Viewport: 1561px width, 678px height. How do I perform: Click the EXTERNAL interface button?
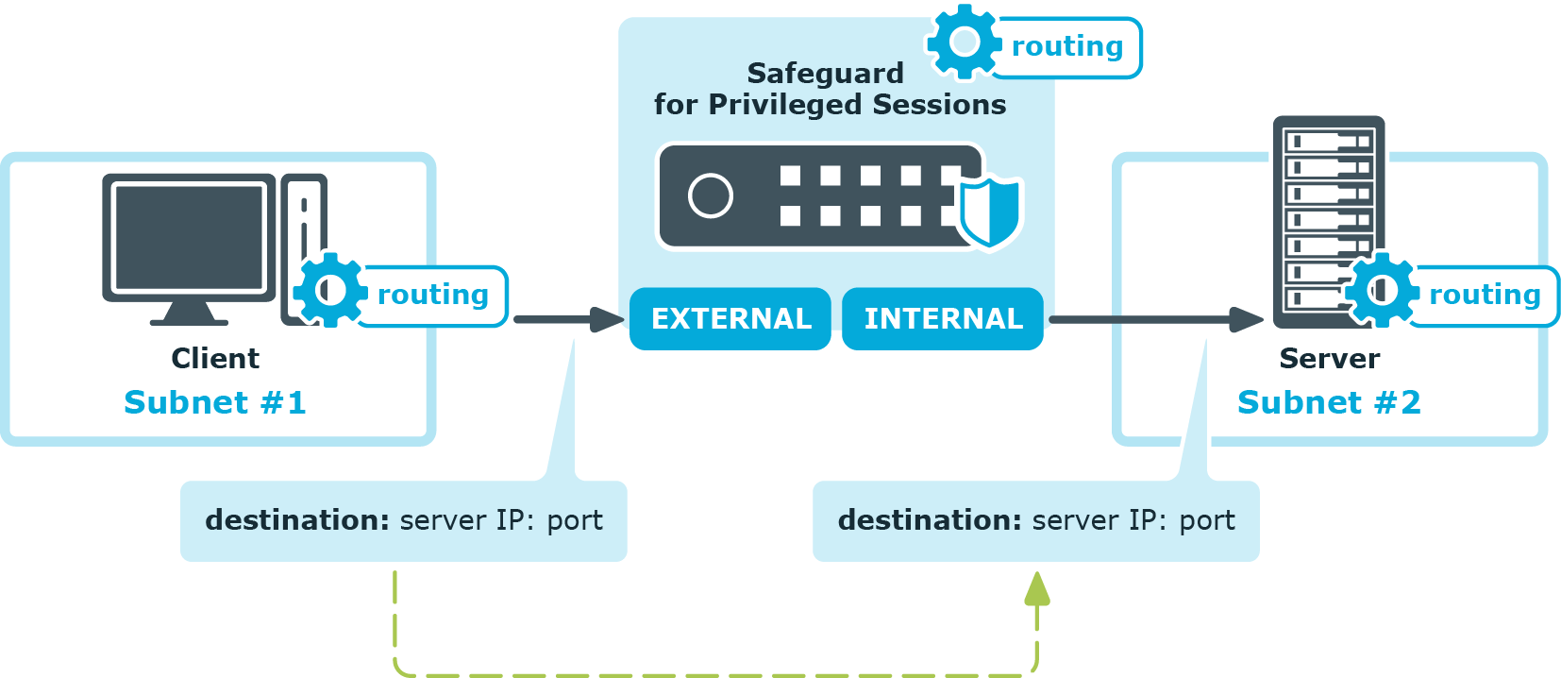[x=730, y=319]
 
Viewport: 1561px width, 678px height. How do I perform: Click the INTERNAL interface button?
[x=943, y=319]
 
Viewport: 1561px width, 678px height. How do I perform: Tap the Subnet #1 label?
[x=215, y=402]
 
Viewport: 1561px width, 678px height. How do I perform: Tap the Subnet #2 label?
[x=1329, y=402]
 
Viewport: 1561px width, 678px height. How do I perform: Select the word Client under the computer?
[x=215, y=359]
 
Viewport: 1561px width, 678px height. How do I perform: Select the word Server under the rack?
[x=1329, y=359]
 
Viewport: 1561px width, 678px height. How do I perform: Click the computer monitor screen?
[x=189, y=237]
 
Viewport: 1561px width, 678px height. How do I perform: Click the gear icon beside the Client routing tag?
[x=329, y=290]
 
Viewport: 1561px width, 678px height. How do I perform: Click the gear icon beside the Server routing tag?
[x=1382, y=290]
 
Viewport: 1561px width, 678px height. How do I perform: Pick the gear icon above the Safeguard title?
[x=964, y=42]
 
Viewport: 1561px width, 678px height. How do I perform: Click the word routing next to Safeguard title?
[x=1067, y=46]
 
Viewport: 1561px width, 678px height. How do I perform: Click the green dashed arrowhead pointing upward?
[x=1037, y=589]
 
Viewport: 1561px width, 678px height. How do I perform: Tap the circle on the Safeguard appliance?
[x=711, y=196]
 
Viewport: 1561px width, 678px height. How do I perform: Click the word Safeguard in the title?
[x=825, y=73]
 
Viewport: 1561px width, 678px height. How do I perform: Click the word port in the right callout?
[x=1207, y=520]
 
